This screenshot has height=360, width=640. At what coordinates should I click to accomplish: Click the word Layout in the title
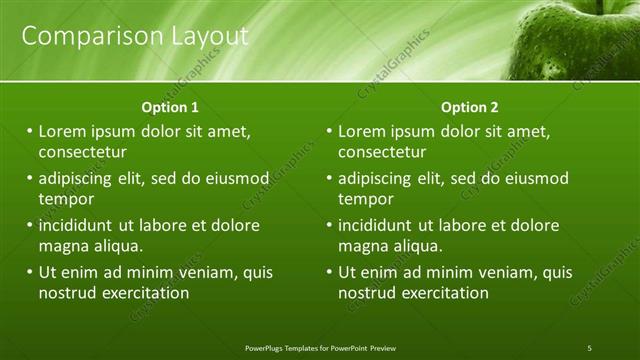pos(208,37)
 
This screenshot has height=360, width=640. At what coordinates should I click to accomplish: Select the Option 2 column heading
pos(469,107)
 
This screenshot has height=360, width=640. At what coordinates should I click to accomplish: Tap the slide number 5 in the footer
pos(590,347)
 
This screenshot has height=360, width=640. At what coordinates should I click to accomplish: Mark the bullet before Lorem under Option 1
pos(30,131)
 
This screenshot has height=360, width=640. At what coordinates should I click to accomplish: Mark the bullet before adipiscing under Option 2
pos(330,178)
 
